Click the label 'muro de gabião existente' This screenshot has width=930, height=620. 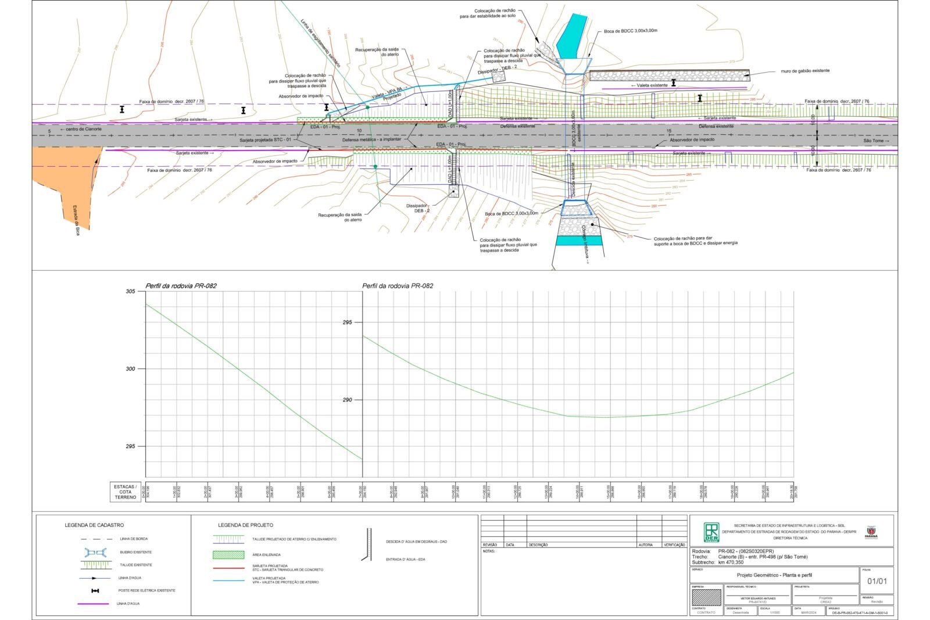click(805, 71)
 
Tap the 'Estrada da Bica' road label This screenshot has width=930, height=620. click(76, 219)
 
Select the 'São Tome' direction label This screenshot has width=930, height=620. click(875, 141)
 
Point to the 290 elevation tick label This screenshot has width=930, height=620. click(347, 400)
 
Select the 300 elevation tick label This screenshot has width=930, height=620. click(131, 369)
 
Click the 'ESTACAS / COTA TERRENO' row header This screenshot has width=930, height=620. click(126, 492)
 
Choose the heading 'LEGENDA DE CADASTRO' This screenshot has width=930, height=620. click(94, 525)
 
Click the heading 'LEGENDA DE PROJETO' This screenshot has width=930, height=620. click(245, 525)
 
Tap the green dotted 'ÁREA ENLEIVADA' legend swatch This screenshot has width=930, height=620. click(228, 555)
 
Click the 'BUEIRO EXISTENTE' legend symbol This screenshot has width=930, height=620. click(96, 552)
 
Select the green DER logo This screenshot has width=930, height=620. click(711, 532)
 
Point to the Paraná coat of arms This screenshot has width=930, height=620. click(871, 531)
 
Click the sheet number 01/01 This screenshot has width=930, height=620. click(877, 581)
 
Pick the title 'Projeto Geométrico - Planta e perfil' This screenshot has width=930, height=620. click(774, 575)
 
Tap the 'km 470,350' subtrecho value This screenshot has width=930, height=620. click(731, 562)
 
